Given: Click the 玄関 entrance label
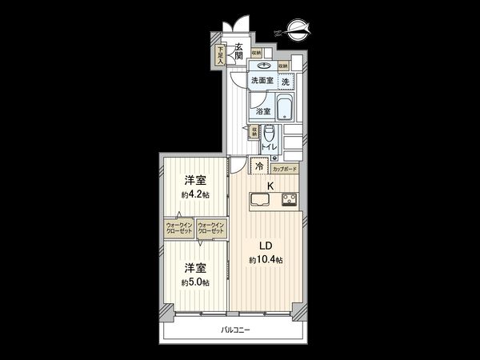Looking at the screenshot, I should (x=238, y=51).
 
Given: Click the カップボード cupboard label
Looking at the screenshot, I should (x=285, y=170).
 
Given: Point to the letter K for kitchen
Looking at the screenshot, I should (x=270, y=186).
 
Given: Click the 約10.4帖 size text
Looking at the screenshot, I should (x=265, y=261).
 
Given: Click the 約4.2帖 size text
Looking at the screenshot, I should (x=194, y=194).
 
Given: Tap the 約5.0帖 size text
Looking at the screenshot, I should (x=194, y=282).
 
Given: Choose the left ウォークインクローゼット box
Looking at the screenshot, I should (x=179, y=229).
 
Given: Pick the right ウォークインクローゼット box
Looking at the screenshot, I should (x=211, y=229).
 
